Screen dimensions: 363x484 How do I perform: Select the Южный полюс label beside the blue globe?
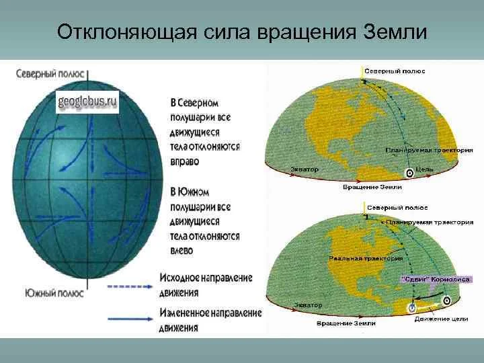(x=54, y=293)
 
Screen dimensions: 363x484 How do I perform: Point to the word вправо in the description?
(x=185, y=162)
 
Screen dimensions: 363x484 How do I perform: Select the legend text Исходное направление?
(x=206, y=278)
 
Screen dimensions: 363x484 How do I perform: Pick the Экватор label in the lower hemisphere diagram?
(x=307, y=305)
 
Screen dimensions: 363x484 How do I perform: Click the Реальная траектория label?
(x=366, y=257)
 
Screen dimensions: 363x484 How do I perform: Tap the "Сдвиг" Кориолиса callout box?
(x=436, y=278)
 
